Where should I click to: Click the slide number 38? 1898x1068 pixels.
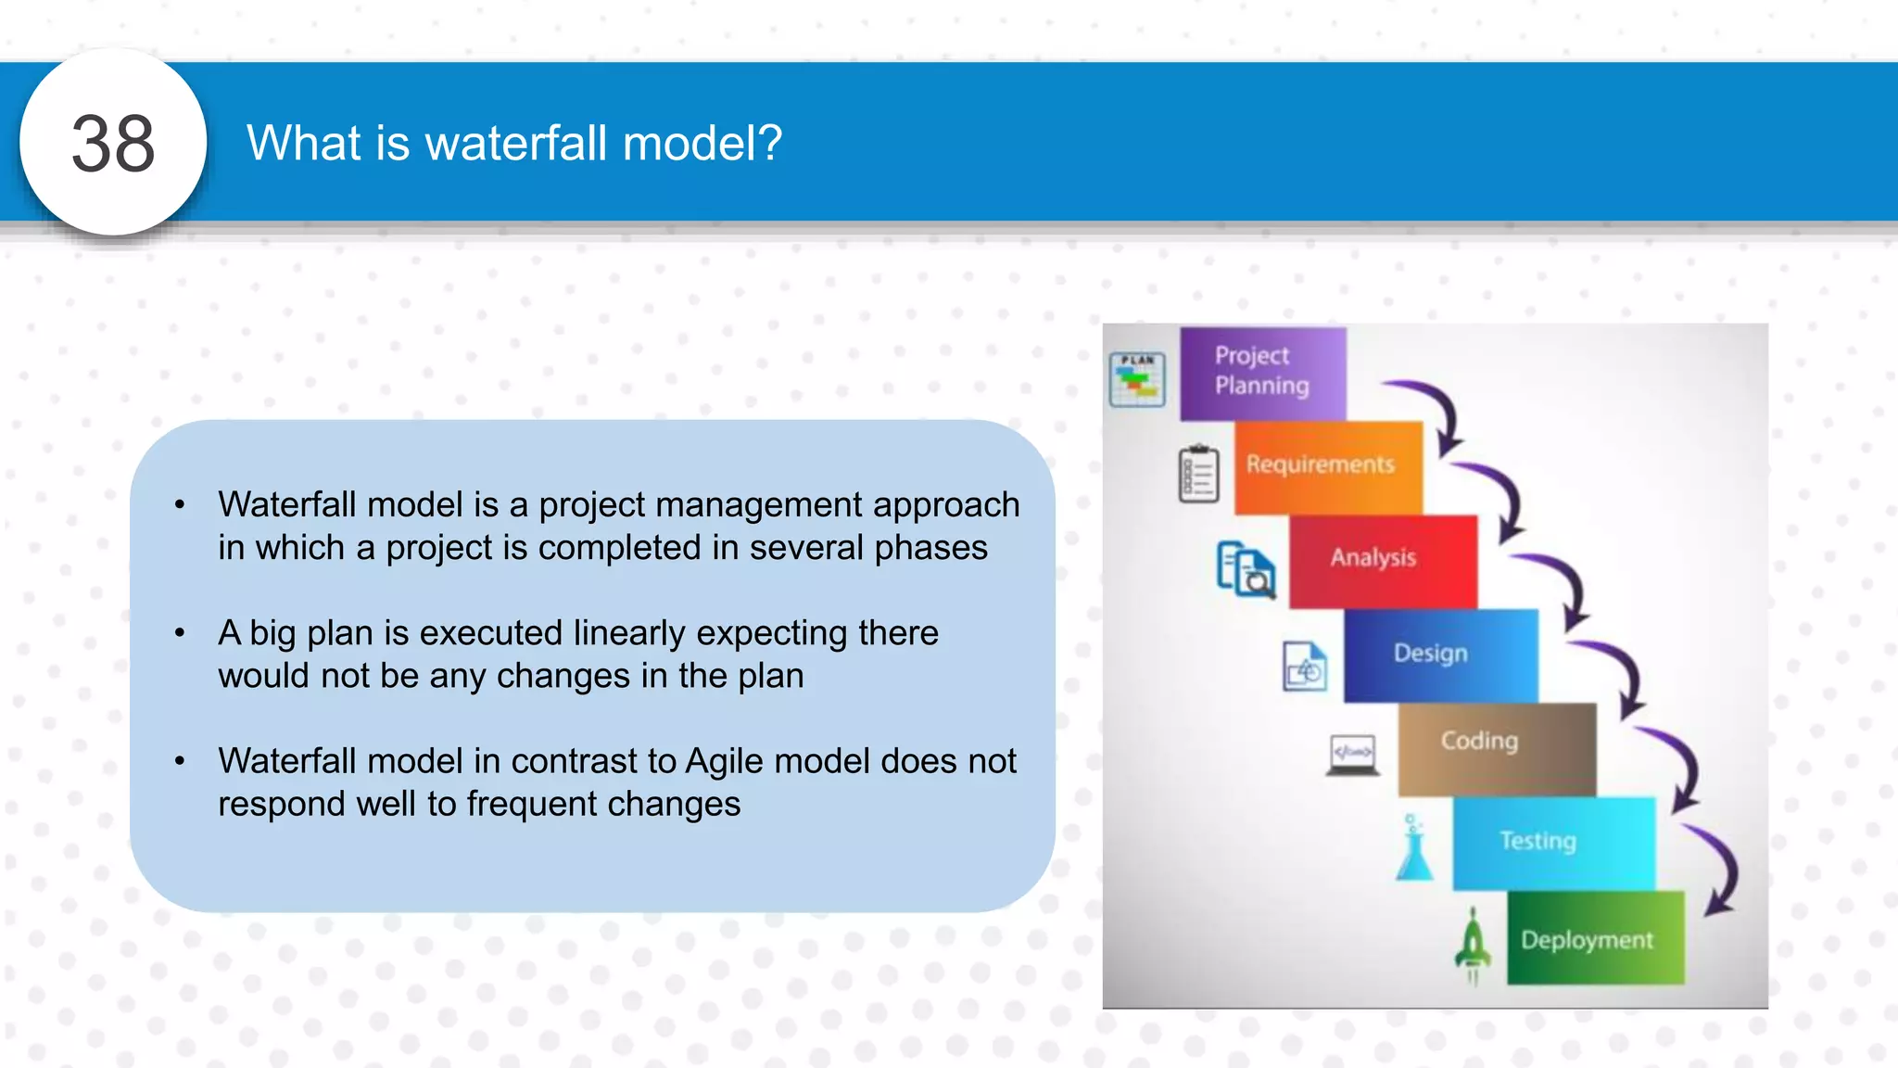click(113, 144)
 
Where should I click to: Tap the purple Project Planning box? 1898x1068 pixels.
click(1262, 373)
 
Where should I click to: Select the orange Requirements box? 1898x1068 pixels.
click(1327, 467)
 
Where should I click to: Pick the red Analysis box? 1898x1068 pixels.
click(1382, 561)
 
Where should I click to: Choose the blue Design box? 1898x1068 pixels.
click(1439, 655)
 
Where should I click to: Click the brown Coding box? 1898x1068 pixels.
click(1496, 748)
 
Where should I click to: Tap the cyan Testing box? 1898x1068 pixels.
click(1553, 843)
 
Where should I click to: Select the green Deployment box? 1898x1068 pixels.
click(1594, 938)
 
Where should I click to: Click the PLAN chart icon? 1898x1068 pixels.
click(1137, 379)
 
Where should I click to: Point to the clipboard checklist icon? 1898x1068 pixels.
click(1198, 474)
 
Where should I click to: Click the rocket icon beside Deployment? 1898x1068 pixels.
click(1473, 944)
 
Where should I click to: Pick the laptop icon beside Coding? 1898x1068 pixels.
click(1352, 755)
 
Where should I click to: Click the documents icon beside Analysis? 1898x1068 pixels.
click(1246, 568)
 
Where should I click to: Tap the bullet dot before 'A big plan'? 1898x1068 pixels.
click(180, 633)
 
